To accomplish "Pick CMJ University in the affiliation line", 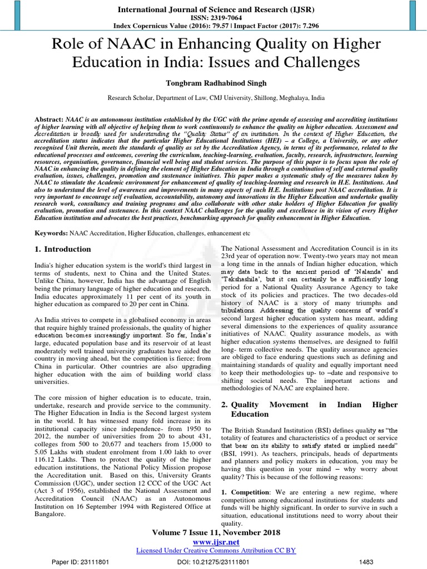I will [x=257, y=97].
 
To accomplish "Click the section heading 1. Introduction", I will [x=63, y=249].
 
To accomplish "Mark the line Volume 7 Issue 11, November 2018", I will [x=213, y=532].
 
